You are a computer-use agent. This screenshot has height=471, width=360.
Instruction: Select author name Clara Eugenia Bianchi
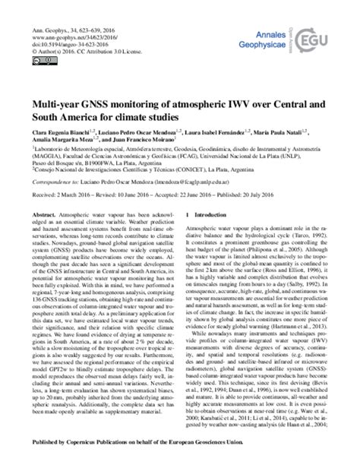click(x=58, y=134)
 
